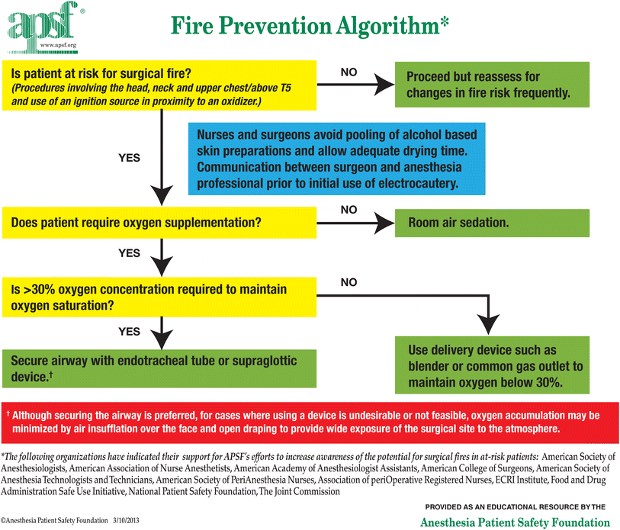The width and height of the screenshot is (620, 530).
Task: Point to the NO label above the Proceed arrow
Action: point(348,72)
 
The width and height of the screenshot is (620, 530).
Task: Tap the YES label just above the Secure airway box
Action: point(130,332)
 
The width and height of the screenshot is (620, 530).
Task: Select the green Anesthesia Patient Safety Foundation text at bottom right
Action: point(516,522)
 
